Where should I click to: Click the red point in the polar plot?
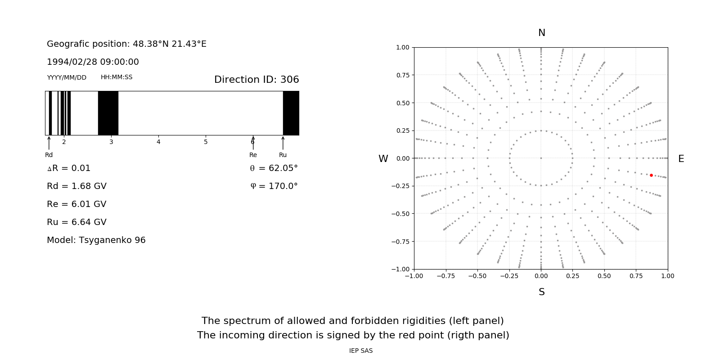[x=651, y=175]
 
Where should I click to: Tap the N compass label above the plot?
[x=542, y=33]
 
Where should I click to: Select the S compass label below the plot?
[x=542, y=292]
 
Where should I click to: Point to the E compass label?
[x=681, y=159]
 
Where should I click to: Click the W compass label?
[x=383, y=159]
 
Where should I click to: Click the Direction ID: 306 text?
[x=256, y=80]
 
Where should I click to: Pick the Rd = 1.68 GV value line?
[x=76, y=186]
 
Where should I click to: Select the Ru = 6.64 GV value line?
[x=76, y=222]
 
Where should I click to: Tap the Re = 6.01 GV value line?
[x=76, y=204]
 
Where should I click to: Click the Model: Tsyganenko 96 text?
[x=96, y=240]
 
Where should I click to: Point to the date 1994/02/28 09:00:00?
[x=93, y=62]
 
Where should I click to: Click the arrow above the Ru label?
[x=283, y=143]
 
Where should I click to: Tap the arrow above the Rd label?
[x=49, y=143]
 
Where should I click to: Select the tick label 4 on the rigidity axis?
[x=158, y=142]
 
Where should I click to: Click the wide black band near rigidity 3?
[x=108, y=113]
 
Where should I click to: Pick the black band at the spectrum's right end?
[x=291, y=113]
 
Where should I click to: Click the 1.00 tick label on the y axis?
[x=402, y=47]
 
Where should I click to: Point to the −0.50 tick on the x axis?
[x=477, y=276]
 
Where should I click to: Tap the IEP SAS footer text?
[x=361, y=351]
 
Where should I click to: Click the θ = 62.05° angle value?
[x=274, y=168]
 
